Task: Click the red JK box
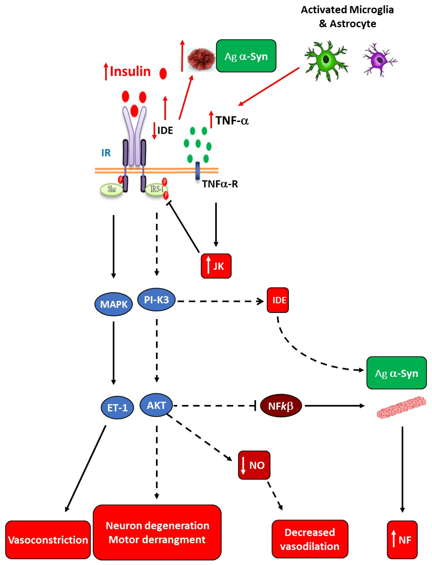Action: pyautogui.click(x=216, y=266)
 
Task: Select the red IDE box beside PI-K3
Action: pyautogui.click(x=278, y=300)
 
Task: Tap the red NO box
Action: pyautogui.click(x=254, y=465)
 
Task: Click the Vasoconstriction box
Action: pyautogui.click(x=48, y=540)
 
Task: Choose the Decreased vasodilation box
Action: pyautogui.click(x=310, y=539)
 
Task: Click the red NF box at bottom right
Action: pyautogui.click(x=402, y=540)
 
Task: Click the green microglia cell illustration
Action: pyautogui.click(x=326, y=61)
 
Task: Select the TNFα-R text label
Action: pyautogui.click(x=220, y=184)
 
